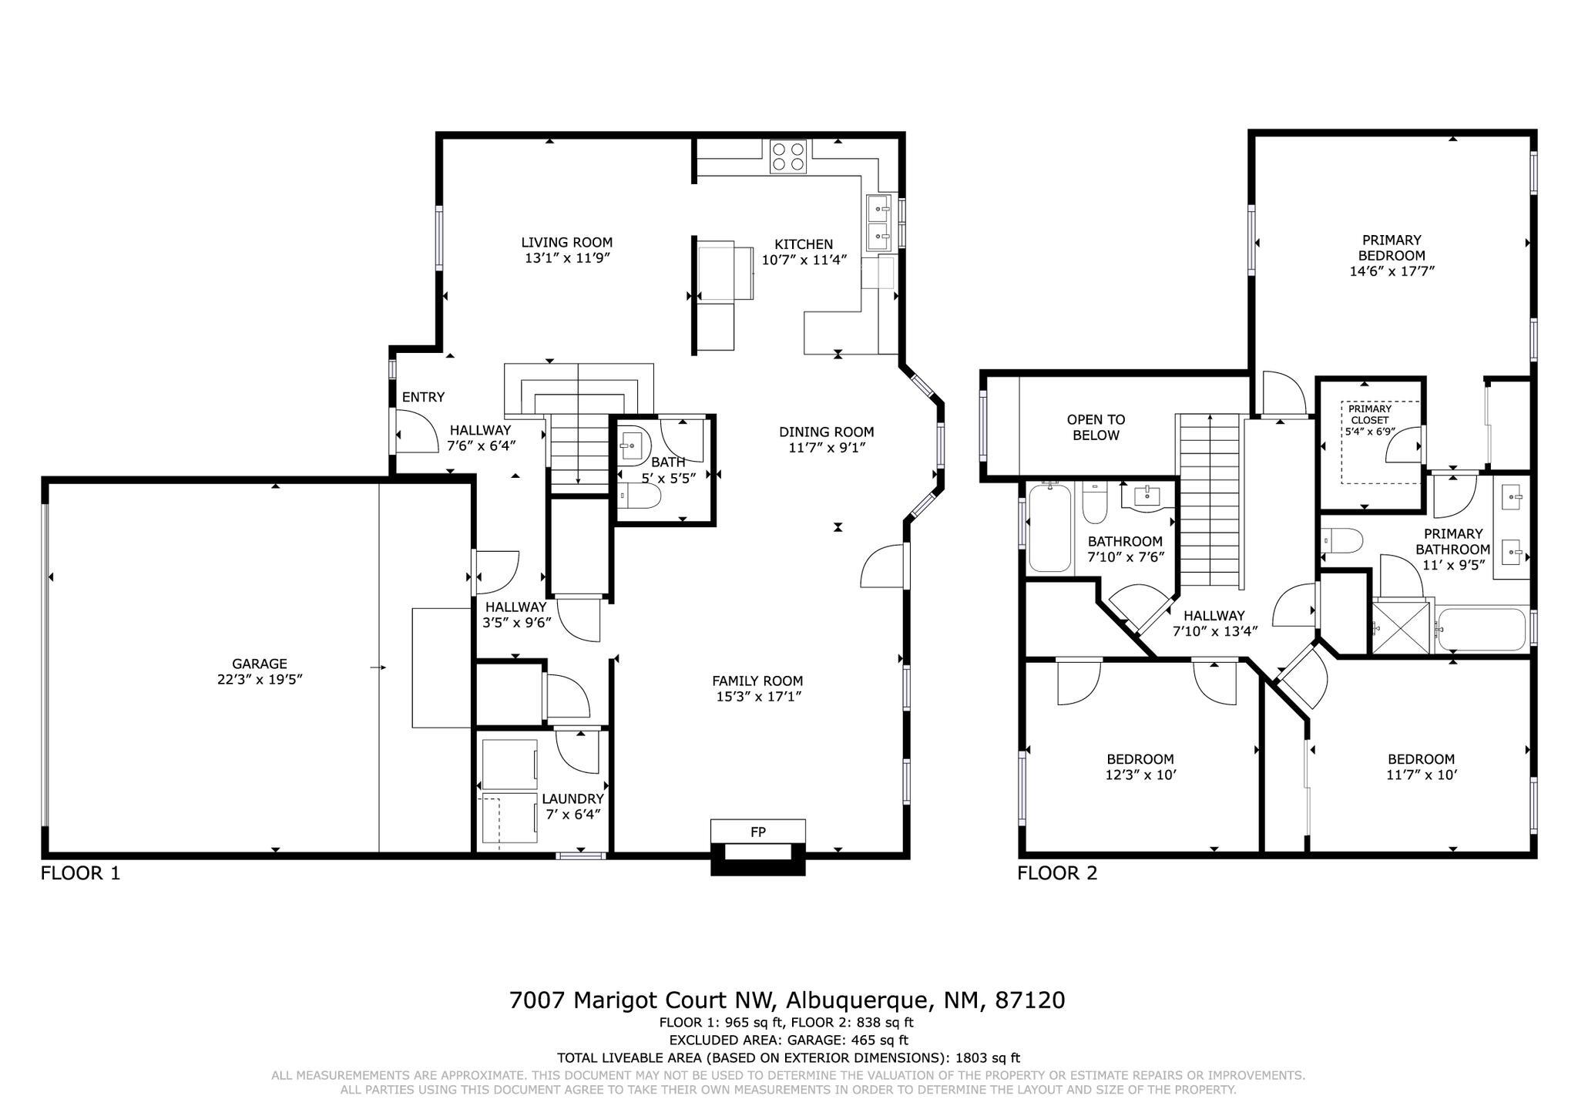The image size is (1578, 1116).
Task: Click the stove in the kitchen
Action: click(788, 156)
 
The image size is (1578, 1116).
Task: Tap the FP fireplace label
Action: click(758, 832)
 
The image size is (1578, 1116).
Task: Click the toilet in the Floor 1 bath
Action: click(640, 497)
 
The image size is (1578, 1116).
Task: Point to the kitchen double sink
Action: click(879, 223)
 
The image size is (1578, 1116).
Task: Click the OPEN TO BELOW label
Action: click(1096, 428)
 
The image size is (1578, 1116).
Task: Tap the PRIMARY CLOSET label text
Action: click(1370, 414)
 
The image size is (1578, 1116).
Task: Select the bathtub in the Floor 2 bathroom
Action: click(1049, 528)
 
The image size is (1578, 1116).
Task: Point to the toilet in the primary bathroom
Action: click(1341, 541)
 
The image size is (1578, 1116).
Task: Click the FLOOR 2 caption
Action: click(1057, 873)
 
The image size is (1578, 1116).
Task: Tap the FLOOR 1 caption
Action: click(80, 873)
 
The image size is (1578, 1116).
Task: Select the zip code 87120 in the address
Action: click(1030, 1000)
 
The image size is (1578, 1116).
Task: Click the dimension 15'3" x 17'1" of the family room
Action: click(757, 697)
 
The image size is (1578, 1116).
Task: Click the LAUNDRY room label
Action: click(572, 798)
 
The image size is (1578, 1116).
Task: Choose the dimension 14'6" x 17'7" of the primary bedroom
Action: click(1392, 271)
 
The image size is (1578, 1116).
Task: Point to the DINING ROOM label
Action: click(826, 432)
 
